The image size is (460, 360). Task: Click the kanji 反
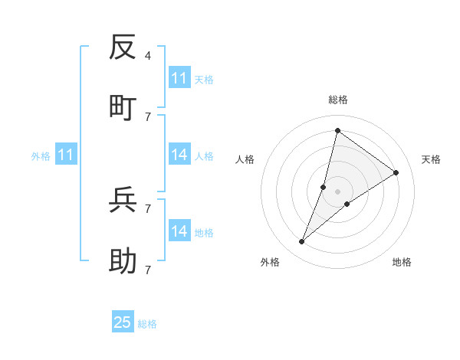pyautogui.click(x=123, y=47)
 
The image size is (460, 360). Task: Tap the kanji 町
pyautogui.click(x=123, y=108)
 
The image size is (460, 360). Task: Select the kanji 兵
pyautogui.click(x=123, y=200)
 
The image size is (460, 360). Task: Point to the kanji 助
pyautogui.click(x=123, y=261)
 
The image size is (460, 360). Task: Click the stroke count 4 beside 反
pyautogui.click(x=148, y=56)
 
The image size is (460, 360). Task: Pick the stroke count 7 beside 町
pyautogui.click(x=148, y=116)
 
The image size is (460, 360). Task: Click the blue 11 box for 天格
pyautogui.click(x=179, y=78)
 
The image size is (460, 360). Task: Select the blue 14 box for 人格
pyautogui.click(x=179, y=155)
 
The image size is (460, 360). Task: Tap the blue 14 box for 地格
pyautogui.click(x=179, y=231)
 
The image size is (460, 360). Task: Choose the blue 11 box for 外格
pyautogui.click(x=66, y=155)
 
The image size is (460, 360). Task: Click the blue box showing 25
pyautogui.click(x=123, y=322)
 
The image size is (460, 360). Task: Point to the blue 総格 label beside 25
pyautogui.click(x=147, y=324)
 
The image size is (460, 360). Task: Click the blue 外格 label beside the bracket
pyautogui.click(x=41, y=156)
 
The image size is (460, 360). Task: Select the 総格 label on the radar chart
pyautogui.click(x=337, y=100)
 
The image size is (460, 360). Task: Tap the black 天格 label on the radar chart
pyautogui.click(x=431, y=159)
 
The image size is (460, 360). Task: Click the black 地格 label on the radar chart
pyautogui.click(x=402, y=263)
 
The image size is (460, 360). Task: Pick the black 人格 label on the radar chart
pyautogui.click(x=245, y=159)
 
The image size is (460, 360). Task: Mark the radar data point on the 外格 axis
pyautogui.click(x=302, y=242)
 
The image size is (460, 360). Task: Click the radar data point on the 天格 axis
pyautogui.click(x=396, y=173)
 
